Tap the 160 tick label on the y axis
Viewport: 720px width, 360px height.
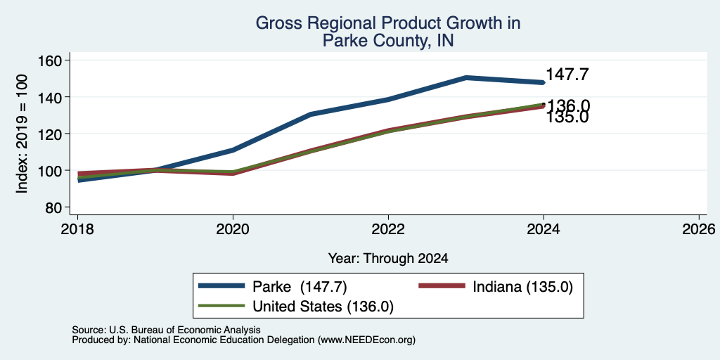51,60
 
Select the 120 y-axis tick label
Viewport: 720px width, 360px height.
51,134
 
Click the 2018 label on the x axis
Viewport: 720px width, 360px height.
77,229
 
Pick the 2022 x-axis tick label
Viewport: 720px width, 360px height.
388,229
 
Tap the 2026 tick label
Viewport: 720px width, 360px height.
699,229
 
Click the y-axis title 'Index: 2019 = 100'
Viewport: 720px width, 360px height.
22,134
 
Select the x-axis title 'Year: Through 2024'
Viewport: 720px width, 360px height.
388,259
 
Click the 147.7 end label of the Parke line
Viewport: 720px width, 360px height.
567,75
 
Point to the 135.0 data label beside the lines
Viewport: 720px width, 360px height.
567,117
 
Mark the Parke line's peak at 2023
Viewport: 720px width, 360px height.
466,77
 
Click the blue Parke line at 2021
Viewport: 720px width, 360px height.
311,115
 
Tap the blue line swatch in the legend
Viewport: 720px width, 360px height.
221,285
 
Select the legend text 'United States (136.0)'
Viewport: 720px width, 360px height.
323,307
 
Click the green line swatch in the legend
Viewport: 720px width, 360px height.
221,305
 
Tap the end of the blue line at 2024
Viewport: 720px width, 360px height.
544,83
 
